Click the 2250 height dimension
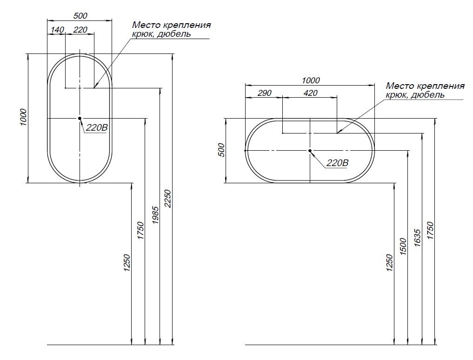click(x=168, y=199)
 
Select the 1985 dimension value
click(x=155, y=215)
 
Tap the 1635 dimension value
click(x=417, y=238)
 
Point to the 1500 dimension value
click(x=403, y=247)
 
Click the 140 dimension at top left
click(x=57, y=30)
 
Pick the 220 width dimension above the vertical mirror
click(x=80, y=30)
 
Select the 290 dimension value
click(x=265, y=93)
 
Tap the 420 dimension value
click(x=310, y=93)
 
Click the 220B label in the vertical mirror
click(x=97, y=127)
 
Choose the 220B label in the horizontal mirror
click(x=337, y=163)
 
